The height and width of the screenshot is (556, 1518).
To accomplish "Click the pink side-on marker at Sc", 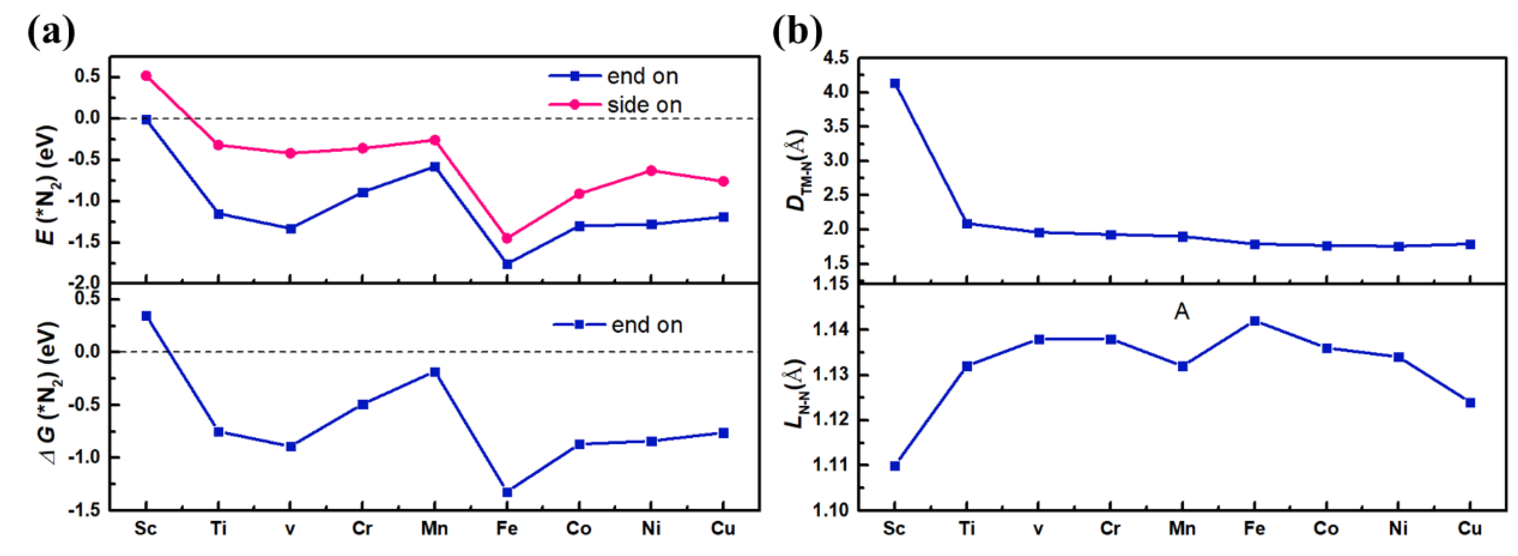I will [x=146, y=76].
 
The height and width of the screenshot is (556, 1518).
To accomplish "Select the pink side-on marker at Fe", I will [x=507, y=238].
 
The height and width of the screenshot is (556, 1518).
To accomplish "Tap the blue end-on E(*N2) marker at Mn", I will [x=435, y=167].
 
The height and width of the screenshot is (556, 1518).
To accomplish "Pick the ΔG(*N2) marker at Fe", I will [x=507, y=492].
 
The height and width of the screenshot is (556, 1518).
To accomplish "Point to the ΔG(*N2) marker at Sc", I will [x=146, y=316].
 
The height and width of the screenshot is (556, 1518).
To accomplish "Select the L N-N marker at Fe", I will [x=1255, y=321].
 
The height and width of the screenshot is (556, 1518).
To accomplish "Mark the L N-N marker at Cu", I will [x=1470, y=403].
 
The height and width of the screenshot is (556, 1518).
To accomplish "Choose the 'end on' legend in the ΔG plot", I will [x=646, y=325].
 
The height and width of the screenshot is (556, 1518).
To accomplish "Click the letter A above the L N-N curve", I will [x=1182, y=311].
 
